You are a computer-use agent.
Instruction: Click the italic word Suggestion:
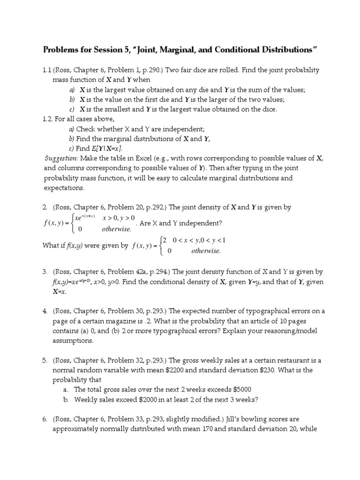click(61, 158)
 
